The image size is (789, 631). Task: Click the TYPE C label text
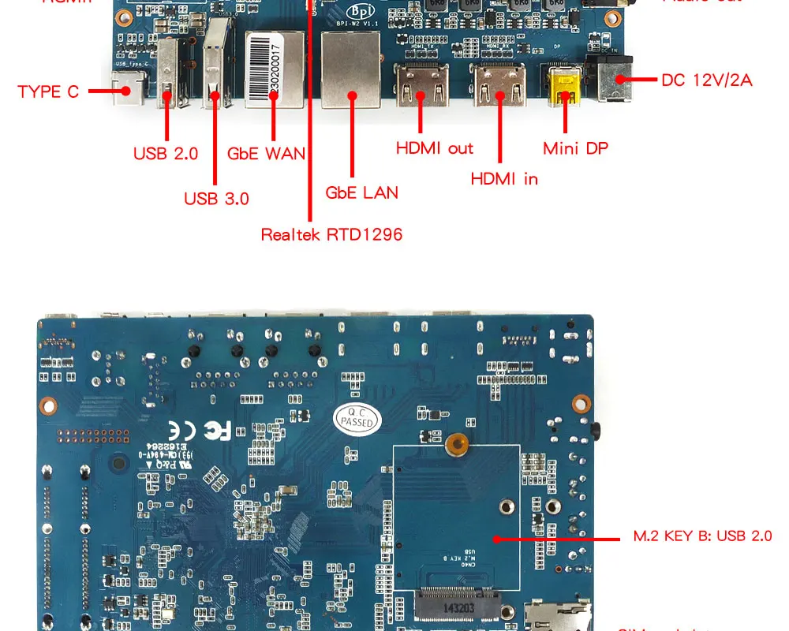(48, 91)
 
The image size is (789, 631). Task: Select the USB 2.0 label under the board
(166, 153)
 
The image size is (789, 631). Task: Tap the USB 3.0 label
(216, 199)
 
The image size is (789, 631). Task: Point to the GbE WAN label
(266, 153)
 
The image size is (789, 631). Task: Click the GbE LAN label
(361, 192)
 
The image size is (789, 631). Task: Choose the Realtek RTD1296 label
(331, 234)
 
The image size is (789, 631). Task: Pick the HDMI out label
(434, 148)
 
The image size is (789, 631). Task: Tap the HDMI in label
(504, 179)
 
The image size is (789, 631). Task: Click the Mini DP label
(575, 148)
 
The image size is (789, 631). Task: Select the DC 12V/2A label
(707, 80)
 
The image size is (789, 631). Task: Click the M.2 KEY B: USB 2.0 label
(702, 536)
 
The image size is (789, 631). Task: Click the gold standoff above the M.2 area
(454, 445)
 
